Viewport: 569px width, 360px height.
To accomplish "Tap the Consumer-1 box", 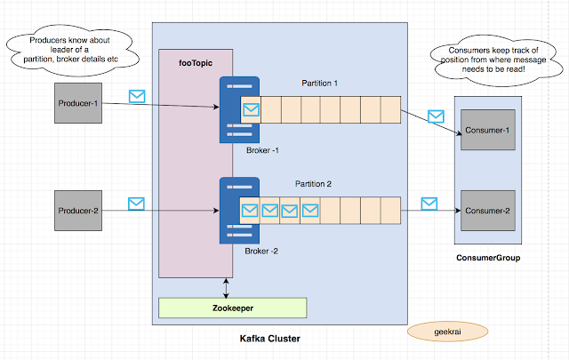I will [x=488, y=132].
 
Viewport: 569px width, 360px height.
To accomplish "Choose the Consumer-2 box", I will [x=488, y=211].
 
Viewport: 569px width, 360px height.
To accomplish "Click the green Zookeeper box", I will [x=232, y=308].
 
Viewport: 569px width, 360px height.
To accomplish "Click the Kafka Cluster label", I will [x=271, y=339].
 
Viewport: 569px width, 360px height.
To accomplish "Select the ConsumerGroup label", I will [x=488, y=258].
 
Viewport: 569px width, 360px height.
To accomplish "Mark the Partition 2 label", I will [x=315, y=184].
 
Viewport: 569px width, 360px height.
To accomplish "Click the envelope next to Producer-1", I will [x=137, y=95].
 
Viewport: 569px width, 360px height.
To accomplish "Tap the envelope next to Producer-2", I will [x=137, y=204].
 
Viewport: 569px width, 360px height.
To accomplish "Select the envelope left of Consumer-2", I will [x=429, y=204].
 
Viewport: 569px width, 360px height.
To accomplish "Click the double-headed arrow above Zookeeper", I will [x=227, y=286].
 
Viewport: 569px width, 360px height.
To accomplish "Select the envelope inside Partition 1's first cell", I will [x=251, y=110].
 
